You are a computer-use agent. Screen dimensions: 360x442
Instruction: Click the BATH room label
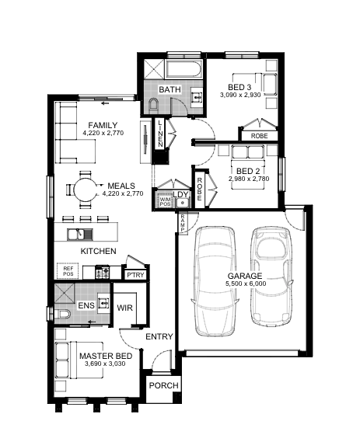coord(170,89)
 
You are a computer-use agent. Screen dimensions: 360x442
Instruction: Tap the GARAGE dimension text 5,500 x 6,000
coord(246,284)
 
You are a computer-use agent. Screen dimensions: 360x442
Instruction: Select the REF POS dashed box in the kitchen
coord(68,271)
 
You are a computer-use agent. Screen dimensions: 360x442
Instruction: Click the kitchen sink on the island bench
coord(80,235)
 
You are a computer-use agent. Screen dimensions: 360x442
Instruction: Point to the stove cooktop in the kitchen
coord(102,272)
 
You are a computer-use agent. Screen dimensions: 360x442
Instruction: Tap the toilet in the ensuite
coord(62,314)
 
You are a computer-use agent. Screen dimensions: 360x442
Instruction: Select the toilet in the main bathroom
coord(154,105)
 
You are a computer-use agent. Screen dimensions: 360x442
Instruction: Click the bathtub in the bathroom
coord(183,69)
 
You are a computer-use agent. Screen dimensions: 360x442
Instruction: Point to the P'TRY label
coord(135,275)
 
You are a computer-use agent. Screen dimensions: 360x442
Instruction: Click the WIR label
coord(124,308)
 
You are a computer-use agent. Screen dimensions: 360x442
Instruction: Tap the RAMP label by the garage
coord(183,223)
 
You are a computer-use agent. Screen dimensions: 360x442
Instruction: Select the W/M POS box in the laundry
coord(165,201)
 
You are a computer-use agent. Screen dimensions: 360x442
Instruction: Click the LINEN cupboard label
coord(160,134)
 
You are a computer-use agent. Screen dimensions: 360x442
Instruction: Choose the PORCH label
coord(163,385)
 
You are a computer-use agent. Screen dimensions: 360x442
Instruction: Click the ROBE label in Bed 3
coord(259,136)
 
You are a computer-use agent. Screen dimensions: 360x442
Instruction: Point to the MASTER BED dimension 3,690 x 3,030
coord(105,364)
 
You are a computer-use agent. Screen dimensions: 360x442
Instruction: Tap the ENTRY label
coord(159,336)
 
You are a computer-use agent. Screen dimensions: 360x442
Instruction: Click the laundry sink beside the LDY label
coord(182,203)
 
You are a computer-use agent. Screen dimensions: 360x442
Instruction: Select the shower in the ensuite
coord(65,293)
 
